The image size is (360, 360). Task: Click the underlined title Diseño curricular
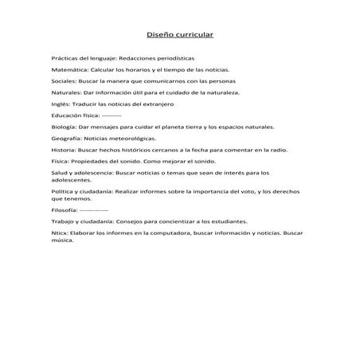[x=180, y=35]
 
